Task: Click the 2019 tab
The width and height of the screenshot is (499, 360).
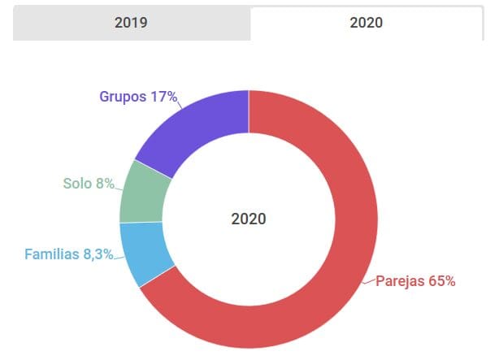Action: tap(131, 23)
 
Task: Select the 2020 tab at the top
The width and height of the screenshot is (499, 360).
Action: tap(366, 23)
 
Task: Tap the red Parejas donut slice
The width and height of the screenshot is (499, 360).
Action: tap(341, 268)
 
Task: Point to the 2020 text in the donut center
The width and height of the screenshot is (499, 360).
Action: tap(249, 219)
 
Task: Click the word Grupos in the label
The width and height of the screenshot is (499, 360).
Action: tap(123, 97)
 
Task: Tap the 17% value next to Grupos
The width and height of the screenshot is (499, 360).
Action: tap(163, 97)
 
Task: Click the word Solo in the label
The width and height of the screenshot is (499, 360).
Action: tap(77, 183)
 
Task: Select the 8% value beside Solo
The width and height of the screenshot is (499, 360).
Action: tap(105, 183)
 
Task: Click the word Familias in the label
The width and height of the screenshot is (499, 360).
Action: tap(53, 254)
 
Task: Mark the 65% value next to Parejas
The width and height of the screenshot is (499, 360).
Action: tap(441, 281)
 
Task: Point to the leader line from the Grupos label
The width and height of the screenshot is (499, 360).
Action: tap(184, 101)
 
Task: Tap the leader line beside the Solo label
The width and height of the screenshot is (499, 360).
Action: tap(119, 185)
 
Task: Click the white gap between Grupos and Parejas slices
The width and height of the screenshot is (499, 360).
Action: tap(249, 122)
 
